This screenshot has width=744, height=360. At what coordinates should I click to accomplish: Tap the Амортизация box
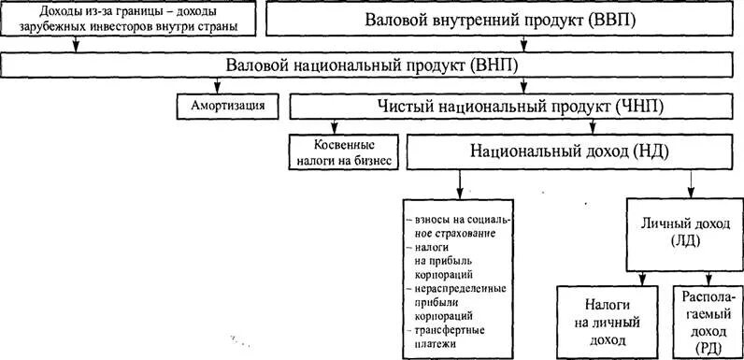(x=227, y=106)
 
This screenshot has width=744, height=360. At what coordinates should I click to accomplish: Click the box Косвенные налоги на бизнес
(x=344, y=153)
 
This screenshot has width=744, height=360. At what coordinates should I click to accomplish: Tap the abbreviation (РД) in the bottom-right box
(x=708, y=348)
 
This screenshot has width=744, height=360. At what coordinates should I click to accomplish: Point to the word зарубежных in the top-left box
(x=53, y=26)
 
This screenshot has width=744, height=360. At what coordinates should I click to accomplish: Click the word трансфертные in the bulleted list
(x=450, y=331)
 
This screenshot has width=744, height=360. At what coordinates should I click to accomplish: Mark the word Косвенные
(x=344, y=146)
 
